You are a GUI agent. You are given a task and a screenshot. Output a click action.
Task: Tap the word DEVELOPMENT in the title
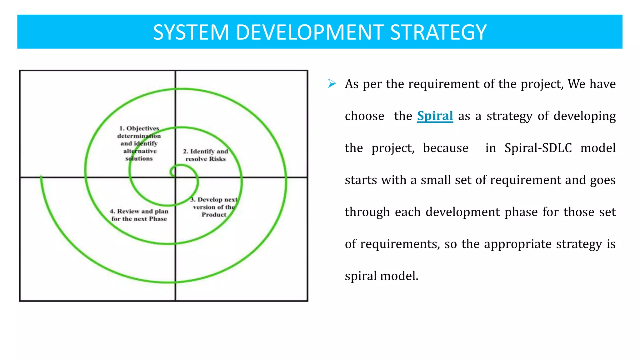click(x=310, y=32)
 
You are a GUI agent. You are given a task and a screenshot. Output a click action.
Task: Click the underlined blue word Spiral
click(x=435, y=116)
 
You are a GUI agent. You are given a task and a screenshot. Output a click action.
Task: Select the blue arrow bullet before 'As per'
click(x=332, y=84)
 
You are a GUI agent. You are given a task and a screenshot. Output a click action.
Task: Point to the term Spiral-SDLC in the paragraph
click(x=538, y=148)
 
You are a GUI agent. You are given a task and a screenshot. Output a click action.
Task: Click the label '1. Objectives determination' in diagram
click(x=139, y=132)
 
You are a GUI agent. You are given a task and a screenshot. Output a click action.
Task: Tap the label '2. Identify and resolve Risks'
click(x=206, y=155)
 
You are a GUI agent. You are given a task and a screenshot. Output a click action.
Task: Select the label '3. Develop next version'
click(x=214, y=203)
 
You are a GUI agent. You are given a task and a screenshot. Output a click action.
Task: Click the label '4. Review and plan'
click(x=139, y=215)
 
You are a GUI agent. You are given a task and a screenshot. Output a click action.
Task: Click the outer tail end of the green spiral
click(x=41, y=177)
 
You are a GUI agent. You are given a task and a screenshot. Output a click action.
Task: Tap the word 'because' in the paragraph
click(x=446, y=148)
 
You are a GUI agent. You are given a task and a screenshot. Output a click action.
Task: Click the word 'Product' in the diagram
click(x=214, y=215)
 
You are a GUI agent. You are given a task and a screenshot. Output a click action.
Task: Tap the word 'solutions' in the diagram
click(x=139, y=159)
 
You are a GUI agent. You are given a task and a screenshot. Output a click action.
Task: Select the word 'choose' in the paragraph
click(x=364, y=116)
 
